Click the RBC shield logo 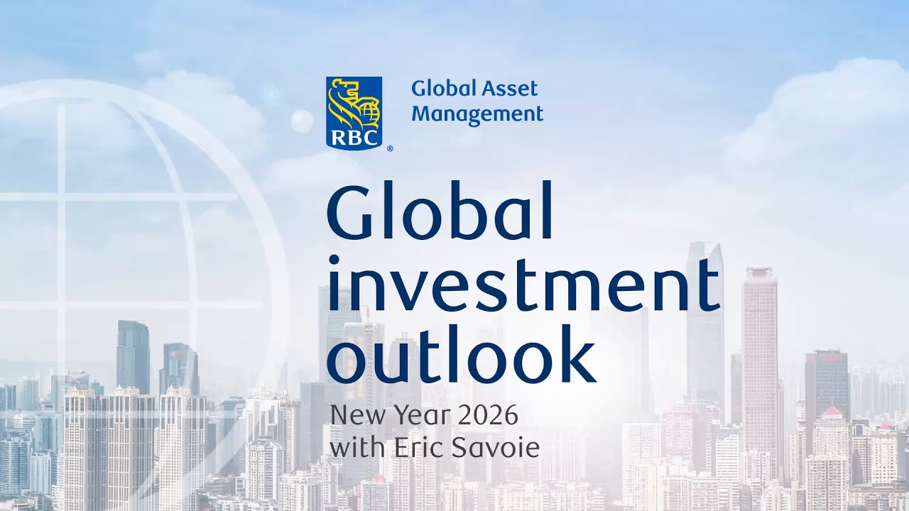tap(354, 112)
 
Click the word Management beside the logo tap(477, 114)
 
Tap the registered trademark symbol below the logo tap(389, 149)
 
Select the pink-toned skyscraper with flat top tap(760, 355)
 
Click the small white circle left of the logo tap(301, 121)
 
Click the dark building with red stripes tap(826, 383)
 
